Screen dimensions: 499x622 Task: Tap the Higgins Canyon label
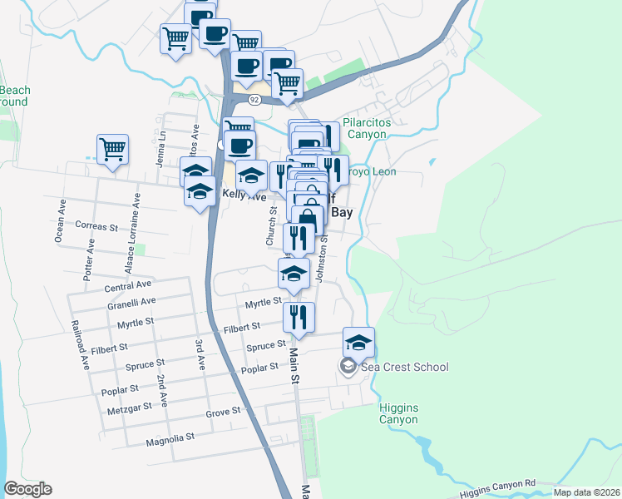coord(403,413)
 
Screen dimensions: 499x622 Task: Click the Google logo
coord(27,489)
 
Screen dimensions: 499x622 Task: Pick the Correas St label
coord(96,226)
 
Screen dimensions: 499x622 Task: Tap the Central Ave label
coord(127,287)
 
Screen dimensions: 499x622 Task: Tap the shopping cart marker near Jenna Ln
coord(112,150)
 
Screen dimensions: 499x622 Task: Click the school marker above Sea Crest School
coord(358,342)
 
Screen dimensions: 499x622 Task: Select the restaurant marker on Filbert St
coord(299,317)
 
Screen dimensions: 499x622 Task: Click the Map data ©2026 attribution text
coord(586,492)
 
